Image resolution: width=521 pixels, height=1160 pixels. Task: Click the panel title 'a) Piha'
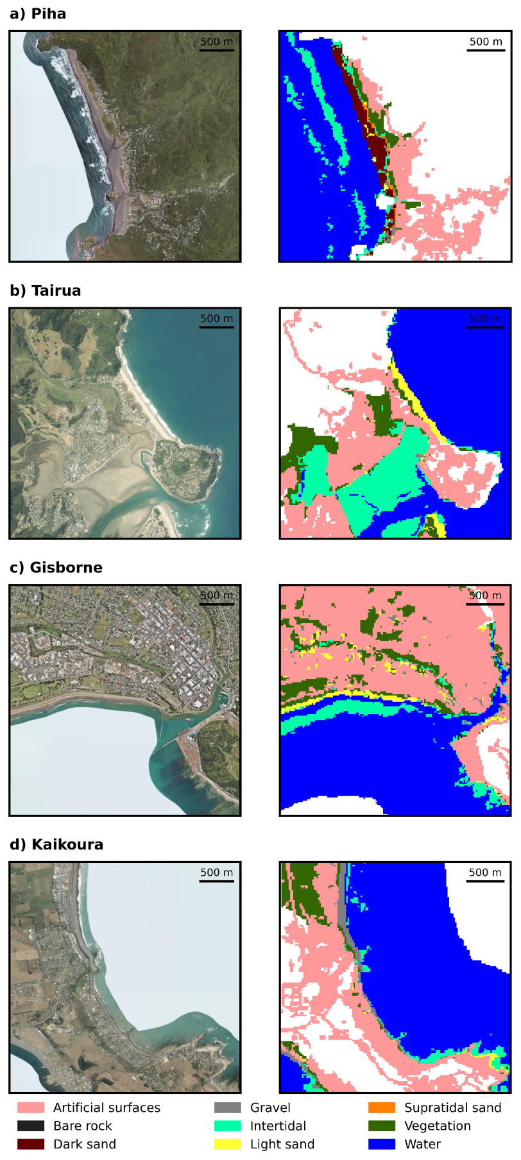tap(38, 14)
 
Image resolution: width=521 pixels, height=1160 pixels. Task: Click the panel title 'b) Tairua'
tap(46, 291)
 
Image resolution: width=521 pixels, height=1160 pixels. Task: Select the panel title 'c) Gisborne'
tap(56, 568)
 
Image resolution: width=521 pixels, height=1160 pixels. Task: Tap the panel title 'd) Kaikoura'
tap(56, 844)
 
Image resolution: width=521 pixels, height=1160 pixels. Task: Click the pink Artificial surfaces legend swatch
tap(31, 1107)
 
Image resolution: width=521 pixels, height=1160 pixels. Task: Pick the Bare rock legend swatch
tap(31, 1125)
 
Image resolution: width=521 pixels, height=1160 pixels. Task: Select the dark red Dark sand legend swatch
tap(31, 1144)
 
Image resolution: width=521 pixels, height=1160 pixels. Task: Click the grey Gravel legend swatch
tap(228, 1107)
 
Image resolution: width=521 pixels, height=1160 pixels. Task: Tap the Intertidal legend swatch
tap(228, 1125)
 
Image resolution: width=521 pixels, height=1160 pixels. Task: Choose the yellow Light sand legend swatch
tap(228, 1144)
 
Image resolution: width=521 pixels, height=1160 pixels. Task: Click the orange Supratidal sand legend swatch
tap(382, 1107)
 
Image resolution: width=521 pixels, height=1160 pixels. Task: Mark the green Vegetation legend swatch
tap(382, 1125)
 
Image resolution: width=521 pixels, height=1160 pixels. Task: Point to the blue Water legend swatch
tap(382, 1144)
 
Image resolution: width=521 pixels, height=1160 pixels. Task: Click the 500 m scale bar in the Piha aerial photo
tap(216, 50)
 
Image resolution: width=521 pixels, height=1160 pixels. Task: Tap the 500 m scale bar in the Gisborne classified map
tap(485, 604)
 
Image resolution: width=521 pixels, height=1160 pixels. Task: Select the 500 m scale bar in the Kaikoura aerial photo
tap(216, 881)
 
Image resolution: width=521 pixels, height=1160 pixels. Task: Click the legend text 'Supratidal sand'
tap(452, 1107)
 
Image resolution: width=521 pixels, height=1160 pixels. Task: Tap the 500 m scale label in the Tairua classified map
tap(485, 318)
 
